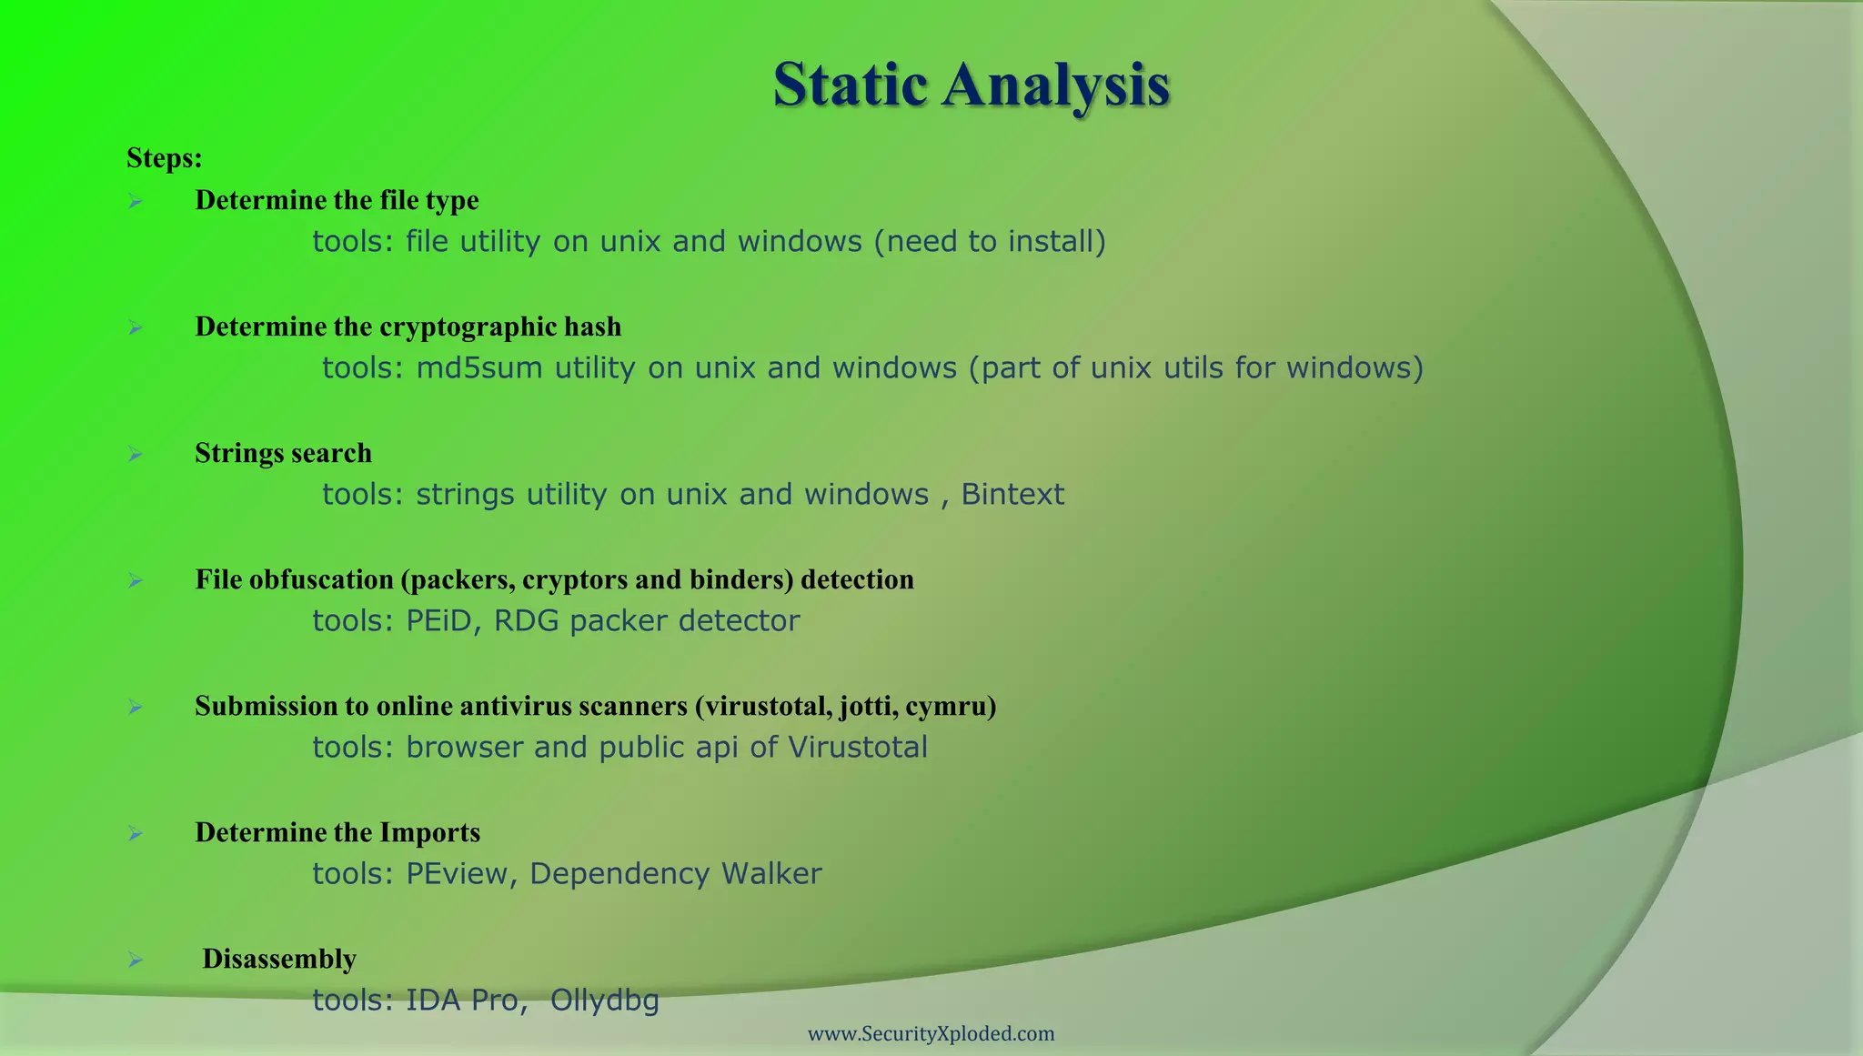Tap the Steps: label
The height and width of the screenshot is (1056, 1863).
164,158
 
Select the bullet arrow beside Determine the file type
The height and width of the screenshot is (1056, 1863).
136,201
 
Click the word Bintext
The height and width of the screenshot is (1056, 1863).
1012,495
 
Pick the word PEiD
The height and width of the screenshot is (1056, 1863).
439,621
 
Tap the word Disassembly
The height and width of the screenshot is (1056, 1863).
279,959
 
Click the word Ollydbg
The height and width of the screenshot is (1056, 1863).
604,1001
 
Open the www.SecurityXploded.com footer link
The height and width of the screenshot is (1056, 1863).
931,1034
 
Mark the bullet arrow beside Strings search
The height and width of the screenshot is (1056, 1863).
136,454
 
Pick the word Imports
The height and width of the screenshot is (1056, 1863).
429,833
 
